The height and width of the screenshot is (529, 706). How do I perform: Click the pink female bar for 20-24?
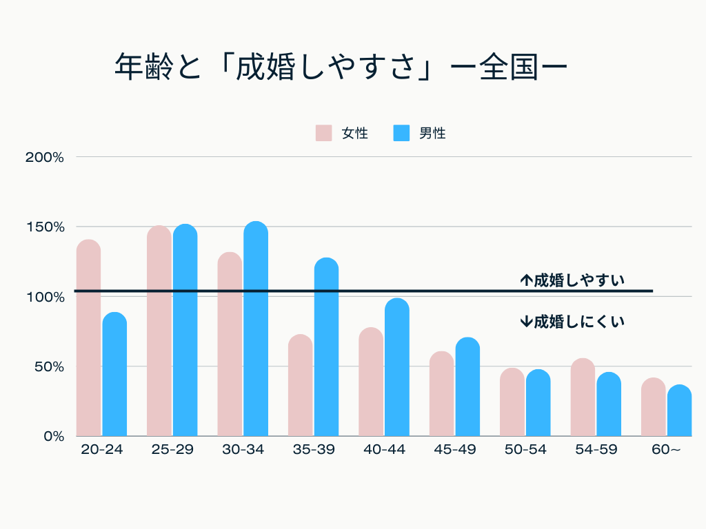coord(88,338)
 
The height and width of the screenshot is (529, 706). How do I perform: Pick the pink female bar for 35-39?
coord(300,385)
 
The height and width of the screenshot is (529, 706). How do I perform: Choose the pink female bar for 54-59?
coord(583,397)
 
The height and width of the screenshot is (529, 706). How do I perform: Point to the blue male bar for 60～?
coord(679,411)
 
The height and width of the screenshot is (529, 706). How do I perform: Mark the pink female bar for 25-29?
coord(159,331)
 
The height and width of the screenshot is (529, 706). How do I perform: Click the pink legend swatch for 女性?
coord(324,133)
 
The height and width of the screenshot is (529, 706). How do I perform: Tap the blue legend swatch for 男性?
coord(401,133)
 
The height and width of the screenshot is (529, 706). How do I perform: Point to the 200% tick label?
coord(45,157)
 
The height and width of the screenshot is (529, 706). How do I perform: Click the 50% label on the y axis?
coord(48,366)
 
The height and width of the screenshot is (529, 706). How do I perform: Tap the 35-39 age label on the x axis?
coord(314,450)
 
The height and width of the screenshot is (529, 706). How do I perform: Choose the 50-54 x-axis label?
coord(525,450)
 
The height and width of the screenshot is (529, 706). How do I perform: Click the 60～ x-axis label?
coord(666,450)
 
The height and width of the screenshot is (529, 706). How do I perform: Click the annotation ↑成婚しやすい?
coord(572,280)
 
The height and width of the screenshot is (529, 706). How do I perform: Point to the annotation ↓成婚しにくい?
coord(572,321)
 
